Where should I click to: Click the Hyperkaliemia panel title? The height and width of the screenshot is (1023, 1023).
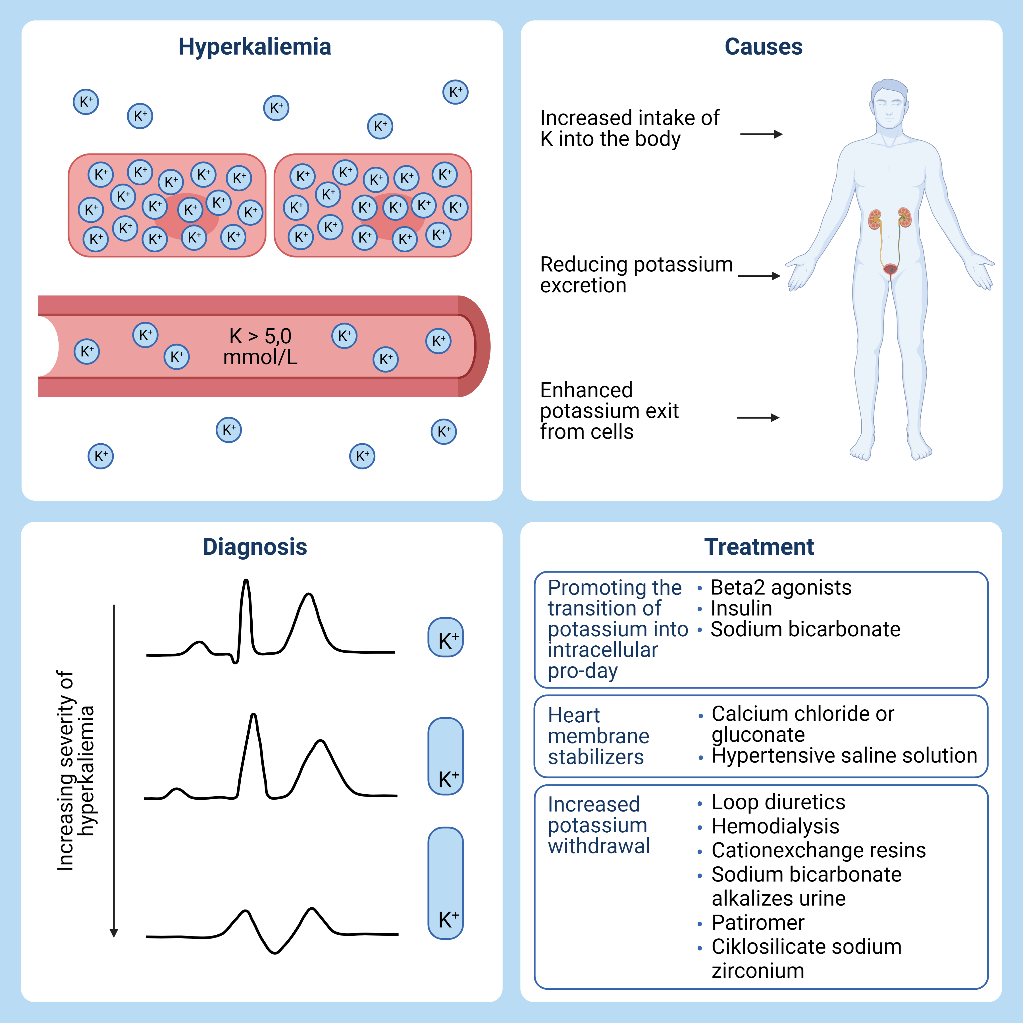[255, 47]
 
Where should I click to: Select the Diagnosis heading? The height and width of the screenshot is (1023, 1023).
[255, 546]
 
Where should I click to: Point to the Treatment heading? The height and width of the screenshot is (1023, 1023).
[759, 546]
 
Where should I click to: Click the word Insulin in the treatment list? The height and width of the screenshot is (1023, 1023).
[741, 608]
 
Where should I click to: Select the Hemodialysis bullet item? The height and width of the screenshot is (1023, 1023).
[775, 826]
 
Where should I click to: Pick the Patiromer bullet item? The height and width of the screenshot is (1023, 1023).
[758, 922]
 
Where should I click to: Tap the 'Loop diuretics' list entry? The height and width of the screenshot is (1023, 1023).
[778, 802]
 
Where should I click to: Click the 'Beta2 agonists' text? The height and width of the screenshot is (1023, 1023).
[781, 587]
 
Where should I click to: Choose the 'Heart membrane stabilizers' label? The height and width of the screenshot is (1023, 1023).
[598, 736]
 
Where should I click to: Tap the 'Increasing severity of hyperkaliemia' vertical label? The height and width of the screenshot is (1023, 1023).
[75, 770]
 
